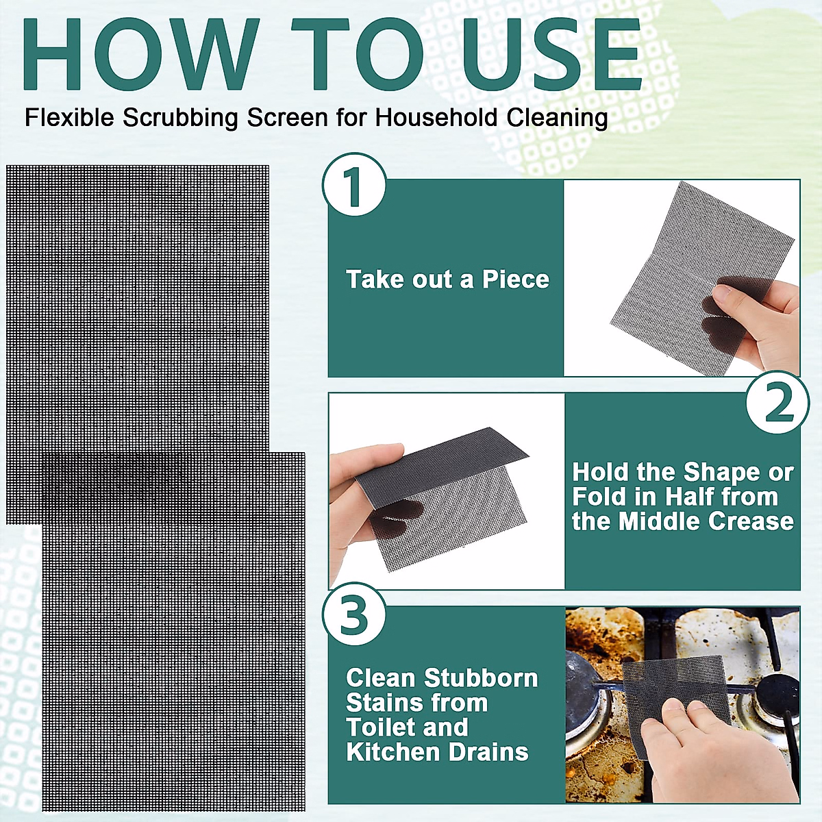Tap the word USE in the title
pyautogui.click(x=551, y=55)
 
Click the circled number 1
pyautogui.click(x=354, y=185)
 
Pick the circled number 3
pyautogui.click(x=354, y=614)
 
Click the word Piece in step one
pyautogui.click(x=515, y=279)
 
